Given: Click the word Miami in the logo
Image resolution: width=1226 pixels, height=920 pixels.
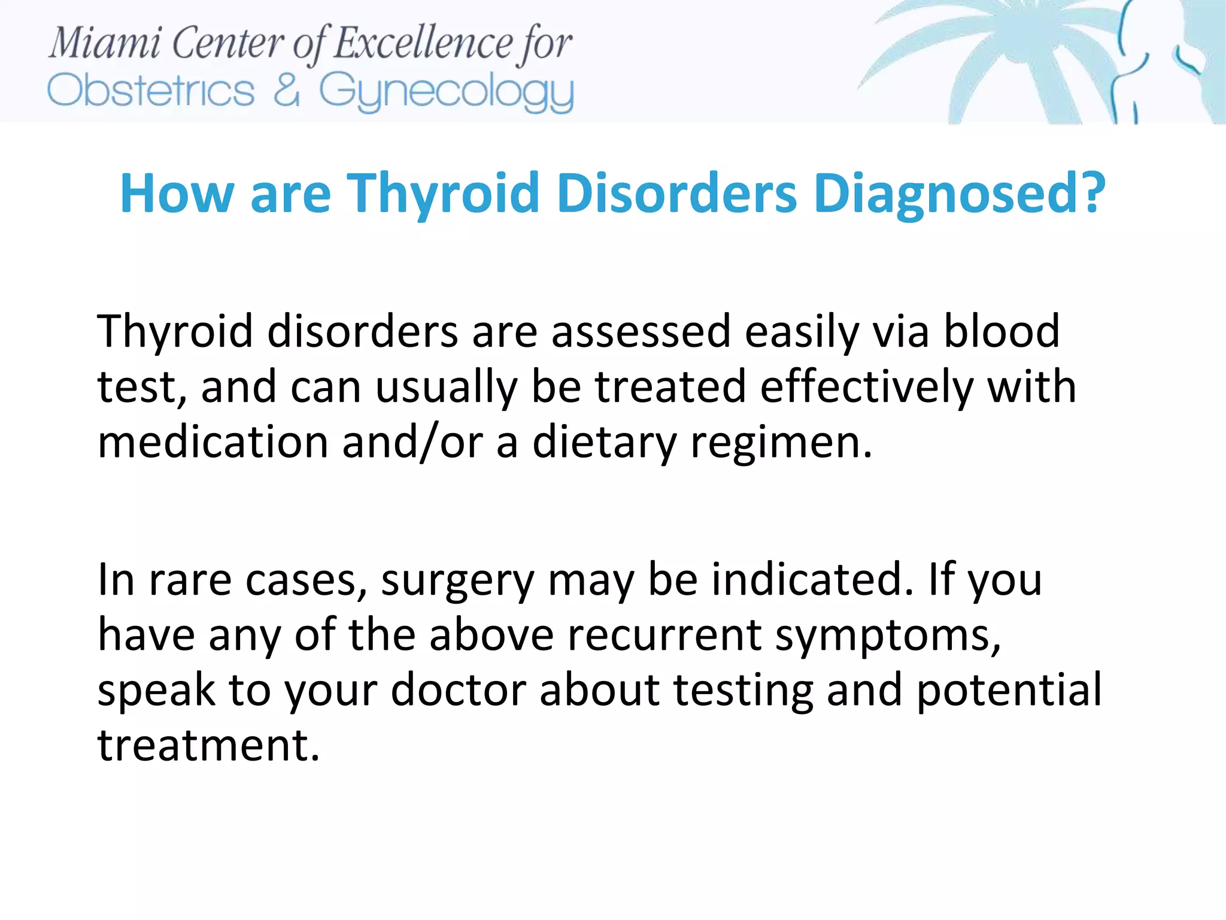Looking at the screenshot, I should tap(104, 44).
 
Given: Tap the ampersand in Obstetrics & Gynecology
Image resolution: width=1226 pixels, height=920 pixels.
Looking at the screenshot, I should tap(287, 90).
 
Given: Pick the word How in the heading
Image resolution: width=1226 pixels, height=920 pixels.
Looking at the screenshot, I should tap(177, 193).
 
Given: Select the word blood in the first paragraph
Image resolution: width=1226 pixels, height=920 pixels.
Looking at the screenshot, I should tap(1001, 331).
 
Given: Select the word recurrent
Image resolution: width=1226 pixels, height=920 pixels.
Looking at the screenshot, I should tap(664, 635).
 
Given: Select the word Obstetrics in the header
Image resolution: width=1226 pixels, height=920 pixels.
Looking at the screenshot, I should tap(151, 92).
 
